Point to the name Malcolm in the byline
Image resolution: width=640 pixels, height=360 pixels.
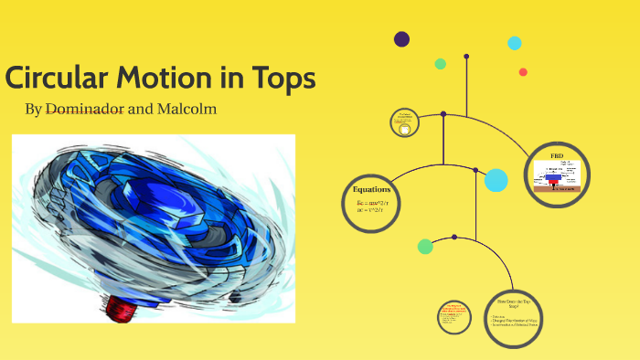[187, 110]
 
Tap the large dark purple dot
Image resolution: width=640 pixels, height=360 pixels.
[401, 38]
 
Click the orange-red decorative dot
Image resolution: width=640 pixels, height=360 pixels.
[523, 72]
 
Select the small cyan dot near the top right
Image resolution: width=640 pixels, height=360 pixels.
[515, 43]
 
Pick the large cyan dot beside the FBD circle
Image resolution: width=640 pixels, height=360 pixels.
[496, 180]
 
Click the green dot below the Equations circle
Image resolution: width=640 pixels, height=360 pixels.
[425, 246]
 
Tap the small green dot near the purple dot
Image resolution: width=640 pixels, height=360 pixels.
[441, 64]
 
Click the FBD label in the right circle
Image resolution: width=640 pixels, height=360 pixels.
[558, 156]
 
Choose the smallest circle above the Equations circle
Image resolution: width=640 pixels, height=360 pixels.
[403, 122]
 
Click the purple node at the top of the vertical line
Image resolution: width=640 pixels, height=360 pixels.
[466, 57]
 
